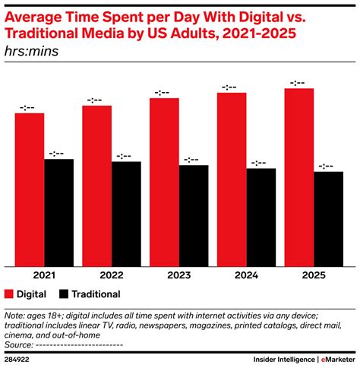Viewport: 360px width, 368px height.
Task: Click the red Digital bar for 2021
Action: [29, 190]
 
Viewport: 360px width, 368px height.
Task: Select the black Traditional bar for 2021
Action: [58, 213]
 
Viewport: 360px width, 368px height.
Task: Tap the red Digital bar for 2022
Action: [96, 186]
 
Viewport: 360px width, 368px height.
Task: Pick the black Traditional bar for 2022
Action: [126, 214]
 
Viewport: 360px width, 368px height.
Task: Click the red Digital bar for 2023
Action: [164, 182]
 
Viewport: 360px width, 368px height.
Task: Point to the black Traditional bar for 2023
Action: [194, 216]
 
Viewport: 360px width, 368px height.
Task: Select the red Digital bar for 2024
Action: [232, 179]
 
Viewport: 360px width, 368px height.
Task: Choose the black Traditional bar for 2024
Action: [261, 217]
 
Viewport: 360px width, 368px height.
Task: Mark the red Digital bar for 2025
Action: [299, 177]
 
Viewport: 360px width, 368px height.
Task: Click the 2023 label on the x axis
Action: [179, 276]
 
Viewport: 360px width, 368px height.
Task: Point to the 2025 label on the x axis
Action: [314, 276]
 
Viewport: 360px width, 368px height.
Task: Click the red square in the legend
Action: [9, 293]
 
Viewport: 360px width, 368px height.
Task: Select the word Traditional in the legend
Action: [96, 293]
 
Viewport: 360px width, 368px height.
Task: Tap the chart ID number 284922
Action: [19, 360]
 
